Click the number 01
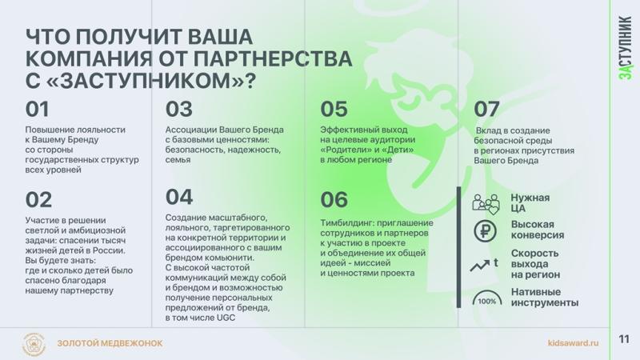coord(37,109)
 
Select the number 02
coord(38,199)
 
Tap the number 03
coord(178,109)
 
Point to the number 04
coord(178,197)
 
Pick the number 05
coord(334,109)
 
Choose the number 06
coord(334,199)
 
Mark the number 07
coord(486,109)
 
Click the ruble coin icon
coord(486,231)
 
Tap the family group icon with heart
coord(486,204)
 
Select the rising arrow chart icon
coord(484,265)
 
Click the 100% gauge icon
coord(487,298)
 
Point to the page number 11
coord(624,339)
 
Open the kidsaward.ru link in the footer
coord(573,343)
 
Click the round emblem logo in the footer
coord(34,344)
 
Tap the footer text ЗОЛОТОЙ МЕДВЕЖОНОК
coord(110,343)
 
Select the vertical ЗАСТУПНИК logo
coord(626,48)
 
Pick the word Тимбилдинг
coord(346,223)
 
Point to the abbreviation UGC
coord(226,318)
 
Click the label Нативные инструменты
coord(545,297)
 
